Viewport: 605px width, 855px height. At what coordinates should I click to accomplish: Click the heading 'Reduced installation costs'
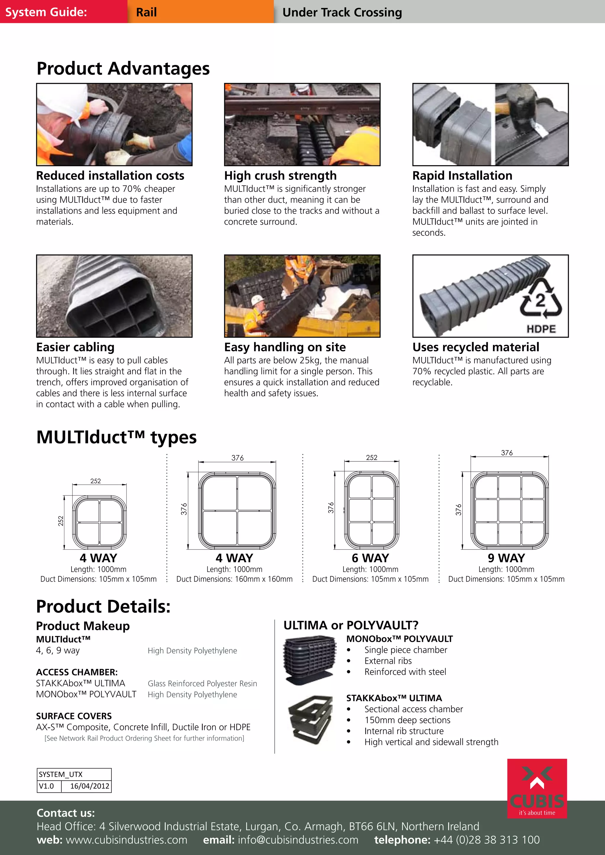(110, 175)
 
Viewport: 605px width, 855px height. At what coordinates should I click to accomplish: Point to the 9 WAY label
(506, 558)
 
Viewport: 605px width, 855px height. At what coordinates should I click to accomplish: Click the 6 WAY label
(370, 558)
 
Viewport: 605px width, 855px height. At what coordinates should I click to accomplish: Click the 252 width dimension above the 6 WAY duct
(371, 457)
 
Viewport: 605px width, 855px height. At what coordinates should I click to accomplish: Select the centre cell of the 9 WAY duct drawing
(509, 510)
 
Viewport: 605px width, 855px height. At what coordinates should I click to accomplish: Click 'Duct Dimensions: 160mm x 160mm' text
(234, 579)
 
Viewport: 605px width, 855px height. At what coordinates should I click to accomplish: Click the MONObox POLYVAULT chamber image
(308, 660)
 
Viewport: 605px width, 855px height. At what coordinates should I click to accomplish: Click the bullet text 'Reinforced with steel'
(405, 672)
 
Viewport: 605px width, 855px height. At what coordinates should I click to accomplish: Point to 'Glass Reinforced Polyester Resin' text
(202, 683)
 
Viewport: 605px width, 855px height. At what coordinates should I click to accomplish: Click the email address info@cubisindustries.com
(298, 840)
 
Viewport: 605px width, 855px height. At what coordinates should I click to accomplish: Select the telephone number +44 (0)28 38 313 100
(486, 840)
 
